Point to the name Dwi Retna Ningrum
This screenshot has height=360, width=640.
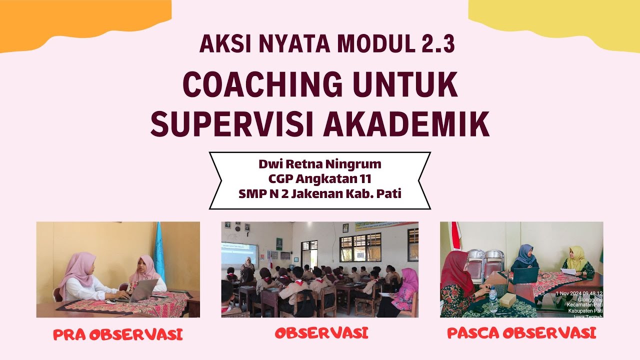point(320,163)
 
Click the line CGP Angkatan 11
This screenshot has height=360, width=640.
point(320,178)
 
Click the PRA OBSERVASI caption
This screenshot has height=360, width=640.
point(118,334)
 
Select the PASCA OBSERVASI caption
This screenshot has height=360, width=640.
point(521,333)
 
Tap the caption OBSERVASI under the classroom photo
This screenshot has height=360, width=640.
point(321,333)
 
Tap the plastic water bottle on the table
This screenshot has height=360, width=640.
point(493,299)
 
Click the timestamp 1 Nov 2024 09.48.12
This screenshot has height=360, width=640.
point(579,294)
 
